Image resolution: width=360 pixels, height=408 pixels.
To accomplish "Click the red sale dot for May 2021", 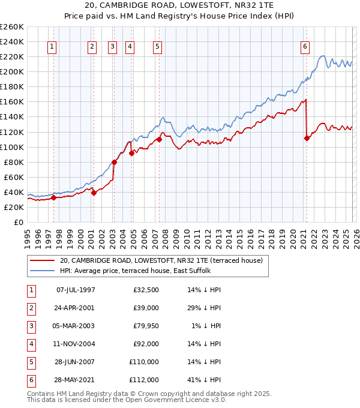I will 307,138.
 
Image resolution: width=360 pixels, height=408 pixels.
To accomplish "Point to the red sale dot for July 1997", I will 53,197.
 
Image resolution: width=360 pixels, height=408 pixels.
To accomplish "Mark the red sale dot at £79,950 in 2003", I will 113,162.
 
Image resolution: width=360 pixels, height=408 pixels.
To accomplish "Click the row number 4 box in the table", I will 30,344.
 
